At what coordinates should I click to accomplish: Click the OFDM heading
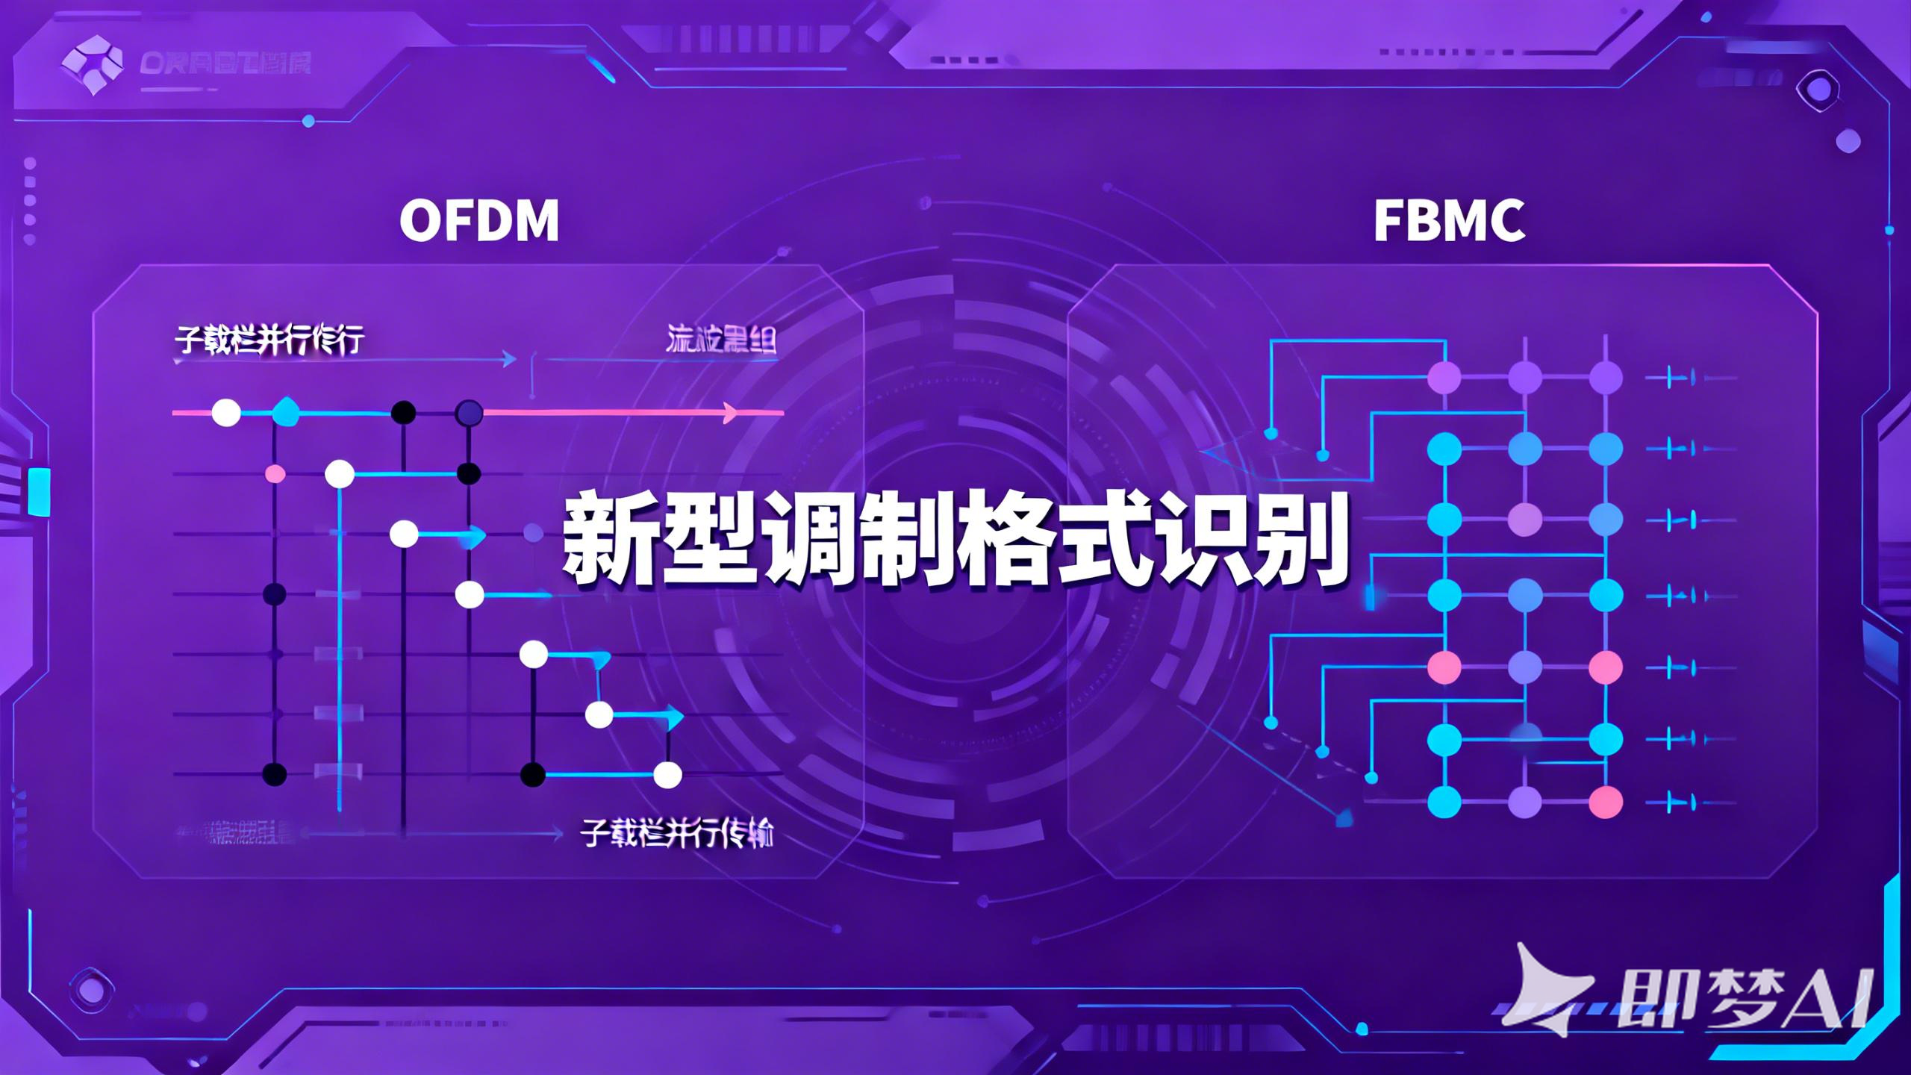tap(479, 221)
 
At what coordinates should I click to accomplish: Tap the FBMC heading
tap(1449, 221)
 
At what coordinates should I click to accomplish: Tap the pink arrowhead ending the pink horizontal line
tap(731, 412)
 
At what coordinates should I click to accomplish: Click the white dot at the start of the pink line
tap(226, 412)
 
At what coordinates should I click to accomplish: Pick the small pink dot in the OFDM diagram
tap(275, 473)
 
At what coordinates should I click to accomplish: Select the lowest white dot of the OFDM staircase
tap(667, 775)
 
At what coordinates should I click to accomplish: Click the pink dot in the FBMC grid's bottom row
tap(1606, 803)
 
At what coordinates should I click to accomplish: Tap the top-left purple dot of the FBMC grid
tap(1444, 378)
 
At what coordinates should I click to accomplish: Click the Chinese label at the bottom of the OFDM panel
tap(676, 834)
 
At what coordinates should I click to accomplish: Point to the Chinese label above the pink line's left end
tap(269, 340)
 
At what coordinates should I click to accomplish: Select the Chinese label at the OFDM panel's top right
tap(720, 340)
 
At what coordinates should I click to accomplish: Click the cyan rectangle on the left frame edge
tap(39, 491)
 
